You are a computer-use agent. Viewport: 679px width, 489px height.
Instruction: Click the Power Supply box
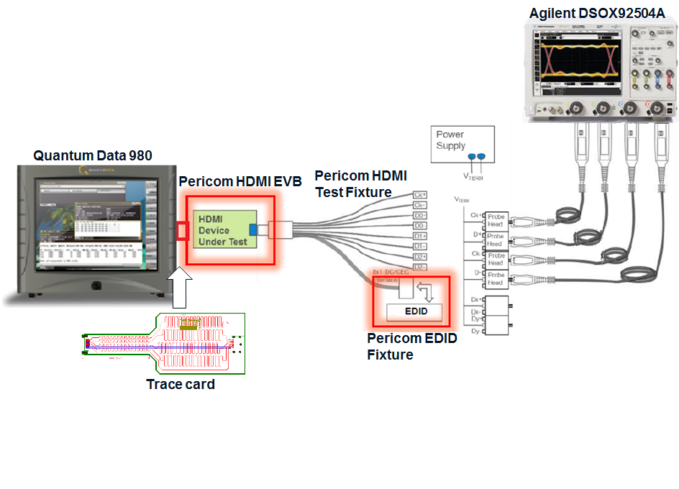(464, 140)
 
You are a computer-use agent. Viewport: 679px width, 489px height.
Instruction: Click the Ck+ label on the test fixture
(419, 195)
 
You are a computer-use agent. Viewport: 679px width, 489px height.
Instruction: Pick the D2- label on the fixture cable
(419, 268)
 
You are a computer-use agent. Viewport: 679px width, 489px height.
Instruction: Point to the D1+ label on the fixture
(419, 236)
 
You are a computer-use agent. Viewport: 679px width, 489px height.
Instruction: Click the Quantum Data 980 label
(93, 155)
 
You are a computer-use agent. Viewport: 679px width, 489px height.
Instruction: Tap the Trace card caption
(181, 385)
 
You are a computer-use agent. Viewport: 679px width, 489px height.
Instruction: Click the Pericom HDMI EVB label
(240, 182)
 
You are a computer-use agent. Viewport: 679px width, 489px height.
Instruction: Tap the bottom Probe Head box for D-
(496, 278)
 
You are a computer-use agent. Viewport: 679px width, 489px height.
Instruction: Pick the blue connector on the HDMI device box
(253, 229)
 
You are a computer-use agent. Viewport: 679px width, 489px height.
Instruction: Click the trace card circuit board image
(165, 343)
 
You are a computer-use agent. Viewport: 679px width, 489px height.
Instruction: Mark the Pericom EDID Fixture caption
(411, 346)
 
